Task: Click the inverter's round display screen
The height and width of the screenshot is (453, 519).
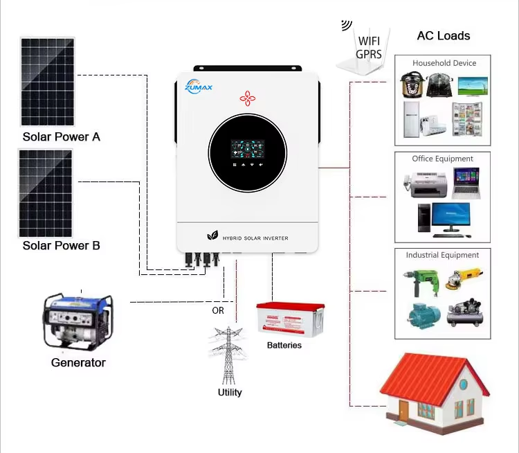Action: pyautogui.click(x=246, y=153)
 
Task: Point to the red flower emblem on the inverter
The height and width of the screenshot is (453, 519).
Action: pyautogui.click(x=247, y=98)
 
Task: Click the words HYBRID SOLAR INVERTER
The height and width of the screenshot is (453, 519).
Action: pyautogui.click(x=255, y=238)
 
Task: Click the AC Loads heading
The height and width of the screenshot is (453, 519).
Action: pyautogui.click(x=443, y=36)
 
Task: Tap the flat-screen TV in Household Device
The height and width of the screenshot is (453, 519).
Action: pyautogui.click(x=473, y=85)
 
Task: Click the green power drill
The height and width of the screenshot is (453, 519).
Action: pyautogui.click(x=419, y=281)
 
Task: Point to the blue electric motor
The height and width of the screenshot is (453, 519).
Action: pyautogui.click(x=420, y=315)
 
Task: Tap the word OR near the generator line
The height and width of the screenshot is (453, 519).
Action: pyautogui.click(x=218, y=310)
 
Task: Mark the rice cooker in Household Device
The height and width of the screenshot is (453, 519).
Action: pyautogui.click(x=412, y=85)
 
